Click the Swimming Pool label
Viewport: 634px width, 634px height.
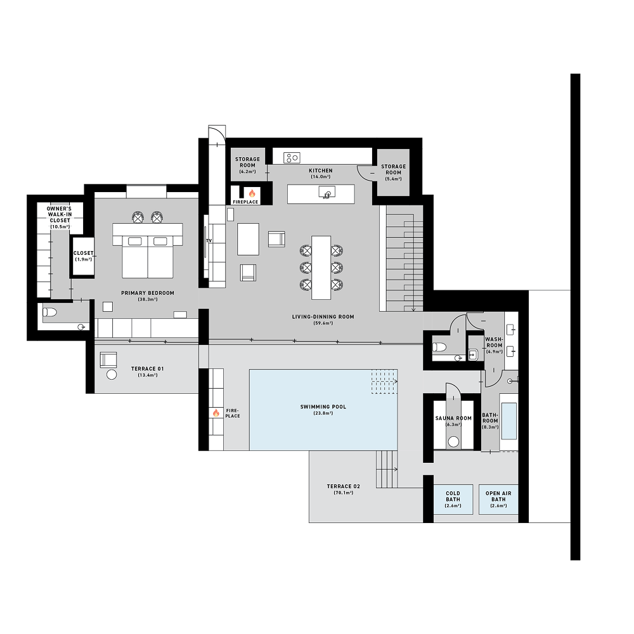323,406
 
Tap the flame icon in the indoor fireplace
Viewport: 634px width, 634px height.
251,193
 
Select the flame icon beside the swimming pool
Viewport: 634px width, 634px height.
216,413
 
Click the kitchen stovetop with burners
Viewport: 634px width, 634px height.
292,157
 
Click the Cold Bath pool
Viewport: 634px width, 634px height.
453,499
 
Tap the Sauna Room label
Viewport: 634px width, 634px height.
453,418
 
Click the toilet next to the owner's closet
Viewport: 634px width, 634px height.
49,312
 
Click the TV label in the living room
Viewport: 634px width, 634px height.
209,241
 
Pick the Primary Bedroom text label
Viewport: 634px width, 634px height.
148,293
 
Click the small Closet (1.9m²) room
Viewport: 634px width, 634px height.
83,256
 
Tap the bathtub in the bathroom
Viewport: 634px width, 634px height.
508,421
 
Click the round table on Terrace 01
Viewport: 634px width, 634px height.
112,375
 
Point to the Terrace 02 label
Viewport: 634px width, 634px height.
340,486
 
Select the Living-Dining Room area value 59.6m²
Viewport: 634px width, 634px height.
323,323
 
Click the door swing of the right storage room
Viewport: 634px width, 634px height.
366,172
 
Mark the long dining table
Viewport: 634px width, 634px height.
321,267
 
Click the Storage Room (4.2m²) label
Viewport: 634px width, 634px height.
247,162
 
